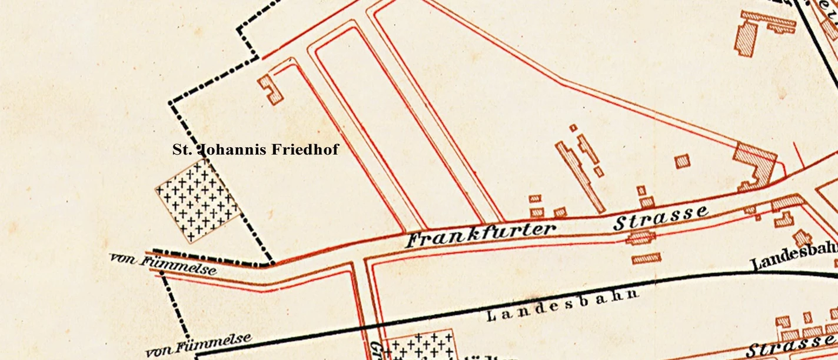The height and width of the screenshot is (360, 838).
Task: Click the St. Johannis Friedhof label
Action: pyautogui.click(x=255, y=150)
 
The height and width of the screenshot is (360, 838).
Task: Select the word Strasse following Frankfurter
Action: pyautogui.click(x=660, y=218)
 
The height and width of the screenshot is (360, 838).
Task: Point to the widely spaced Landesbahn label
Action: pyautogui.click(x=563, y=305)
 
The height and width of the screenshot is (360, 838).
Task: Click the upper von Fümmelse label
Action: pyautogui.click(x=163, y=264)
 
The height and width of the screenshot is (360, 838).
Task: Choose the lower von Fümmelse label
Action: pyautogui.click(x=198, y=345)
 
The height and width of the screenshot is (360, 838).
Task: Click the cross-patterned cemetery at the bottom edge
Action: pyautogui.click(x=418, y=346)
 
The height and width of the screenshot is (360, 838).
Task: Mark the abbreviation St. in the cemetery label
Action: pyautogui.click(x=182, y=150)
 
